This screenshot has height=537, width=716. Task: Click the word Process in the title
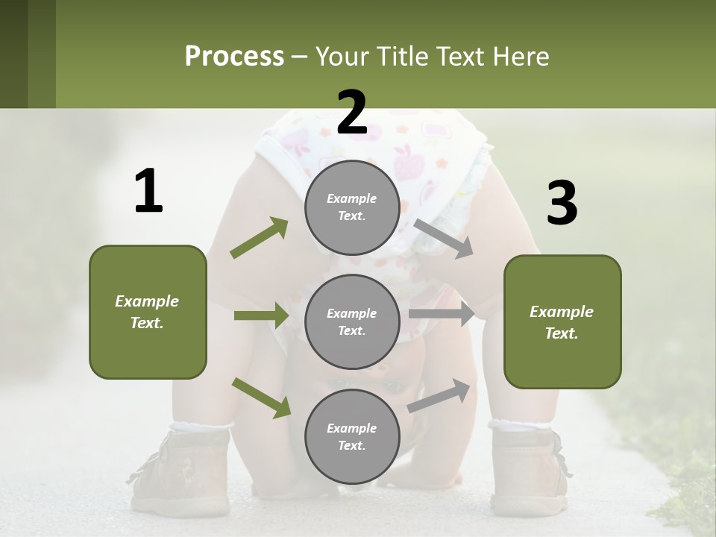tap(234, 56)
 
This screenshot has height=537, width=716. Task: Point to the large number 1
tap(148, 192)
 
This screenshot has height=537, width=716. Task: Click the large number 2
tap(352, 113)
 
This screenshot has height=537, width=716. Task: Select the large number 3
tap(562, 204)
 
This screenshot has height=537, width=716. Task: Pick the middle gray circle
tap(352, 321)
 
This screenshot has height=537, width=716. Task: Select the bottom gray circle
tap(352, 436)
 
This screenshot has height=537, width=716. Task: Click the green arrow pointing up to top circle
tap(260, 238)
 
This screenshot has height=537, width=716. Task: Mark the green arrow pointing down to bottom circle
tap(262, 398)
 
